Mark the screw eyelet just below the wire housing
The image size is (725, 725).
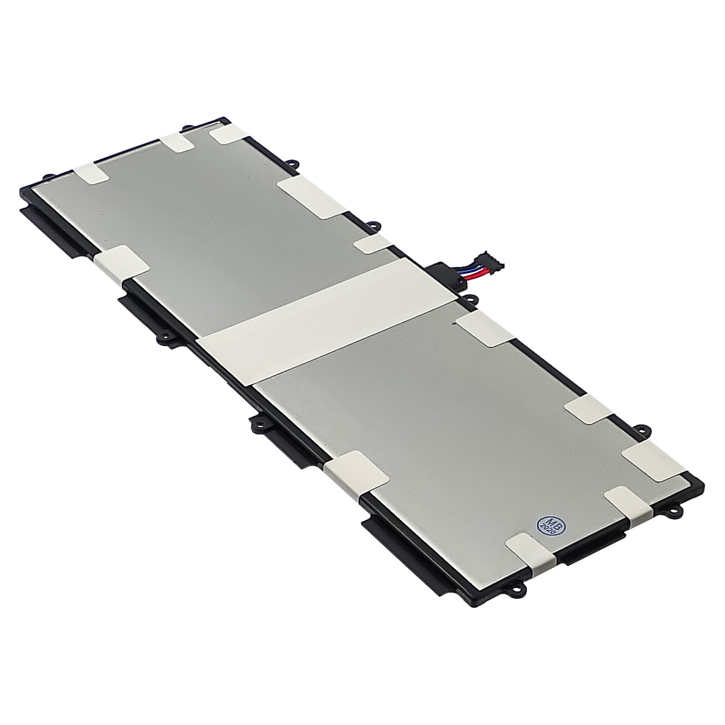coord(469,300)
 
